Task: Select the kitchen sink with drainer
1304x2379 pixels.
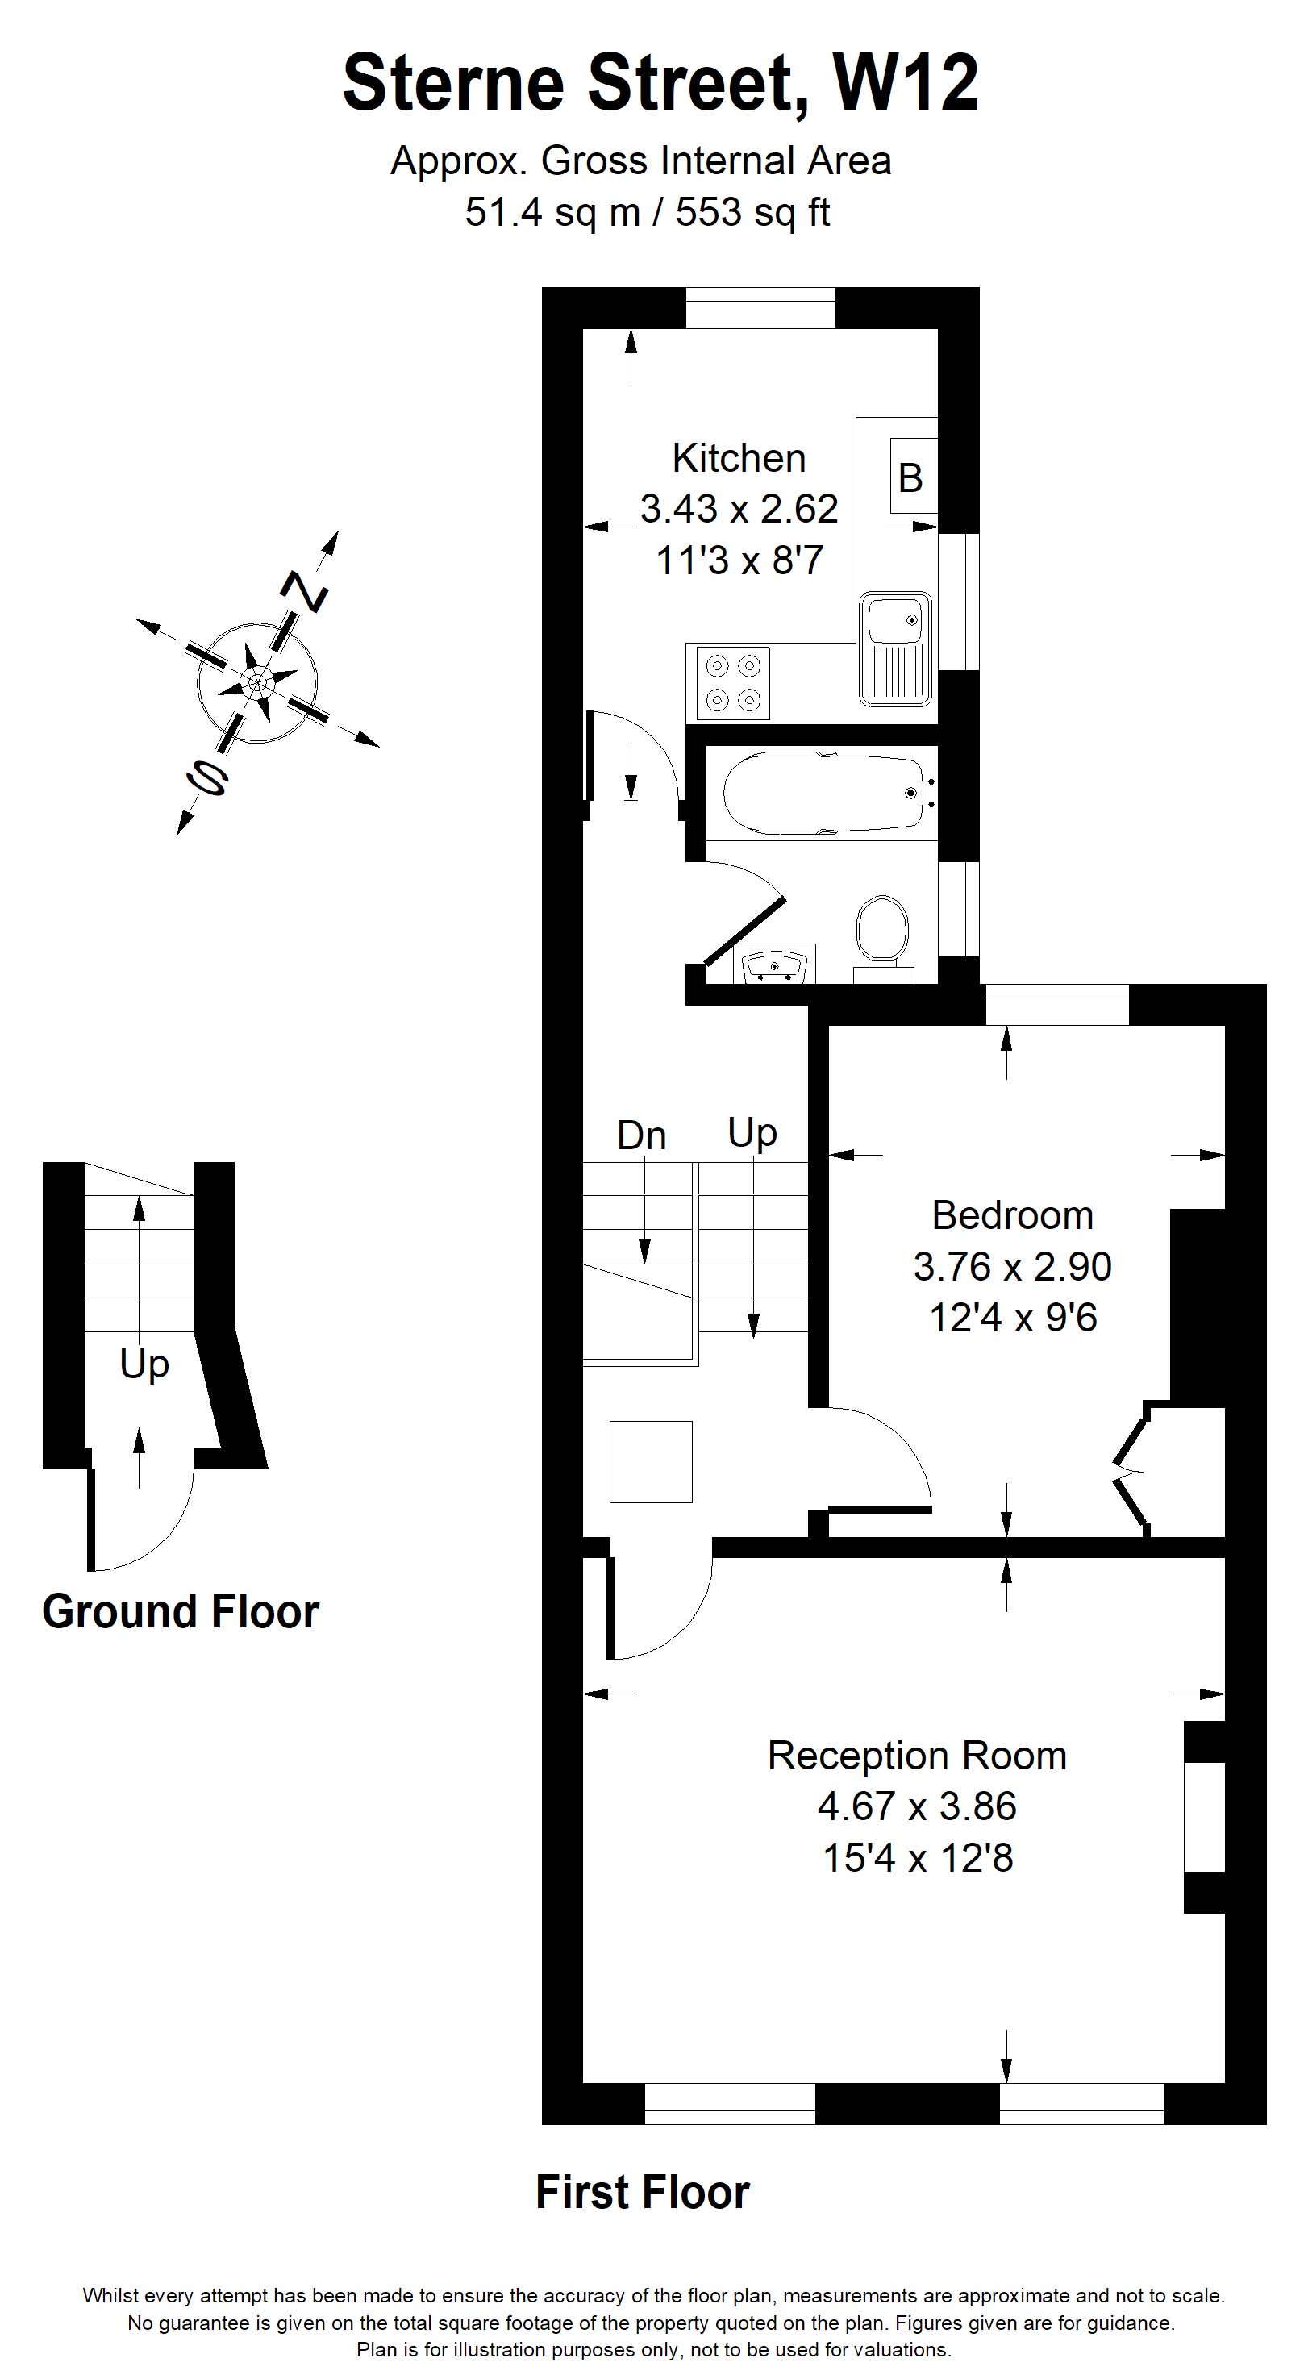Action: click(x=895, y=650)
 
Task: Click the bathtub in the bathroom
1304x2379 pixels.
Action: click(x=824, y=794)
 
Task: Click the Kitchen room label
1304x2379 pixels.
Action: click(x=739, y=458)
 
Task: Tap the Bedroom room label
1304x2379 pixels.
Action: click(x=1012, y=1215)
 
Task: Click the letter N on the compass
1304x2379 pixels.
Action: click(x=305, y=591)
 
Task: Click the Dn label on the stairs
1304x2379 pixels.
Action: click(x=641, y=1136)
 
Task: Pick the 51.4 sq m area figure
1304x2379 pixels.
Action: click(x=552, y=212)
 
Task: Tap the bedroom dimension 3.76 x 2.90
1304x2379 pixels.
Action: click(x=1012, y=1266)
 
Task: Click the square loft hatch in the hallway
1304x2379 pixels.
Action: click(x=651, y=1461)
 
